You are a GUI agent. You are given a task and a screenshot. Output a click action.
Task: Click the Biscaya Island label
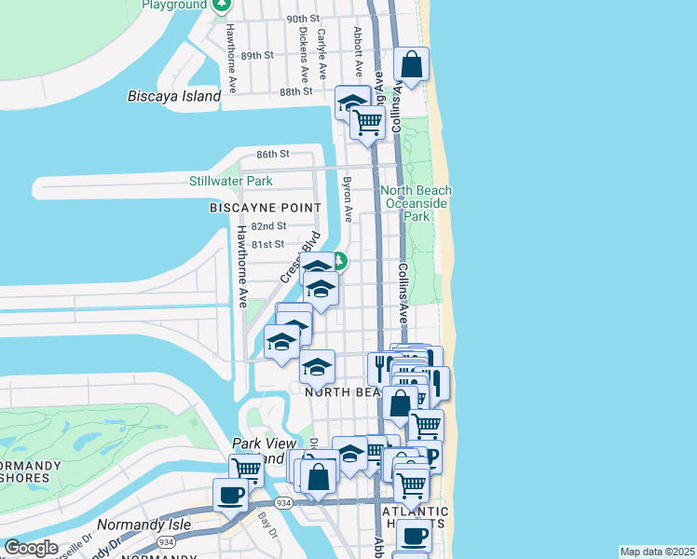[x=174, y=96]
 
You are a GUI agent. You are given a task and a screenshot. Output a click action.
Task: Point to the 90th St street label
[x=303, y=19]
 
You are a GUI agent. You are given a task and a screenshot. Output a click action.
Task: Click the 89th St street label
[x=256, y=56]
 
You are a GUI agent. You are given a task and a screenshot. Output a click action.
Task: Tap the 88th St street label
[x=294, y=91]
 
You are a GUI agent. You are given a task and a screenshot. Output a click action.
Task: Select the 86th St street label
[x=274, y=154]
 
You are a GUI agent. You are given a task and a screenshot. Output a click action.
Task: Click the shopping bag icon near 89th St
[x=411, y=65]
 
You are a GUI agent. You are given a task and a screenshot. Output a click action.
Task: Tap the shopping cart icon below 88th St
[x=368, y=121]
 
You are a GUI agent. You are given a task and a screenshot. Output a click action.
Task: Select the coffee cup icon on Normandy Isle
[x=230, y=495]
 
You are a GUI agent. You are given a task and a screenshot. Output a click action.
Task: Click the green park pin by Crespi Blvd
[x=341, y=262]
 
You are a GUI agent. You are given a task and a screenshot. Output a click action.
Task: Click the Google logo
[x=32, y=547]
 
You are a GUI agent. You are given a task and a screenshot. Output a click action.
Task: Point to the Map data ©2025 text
[x=658, y=552]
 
